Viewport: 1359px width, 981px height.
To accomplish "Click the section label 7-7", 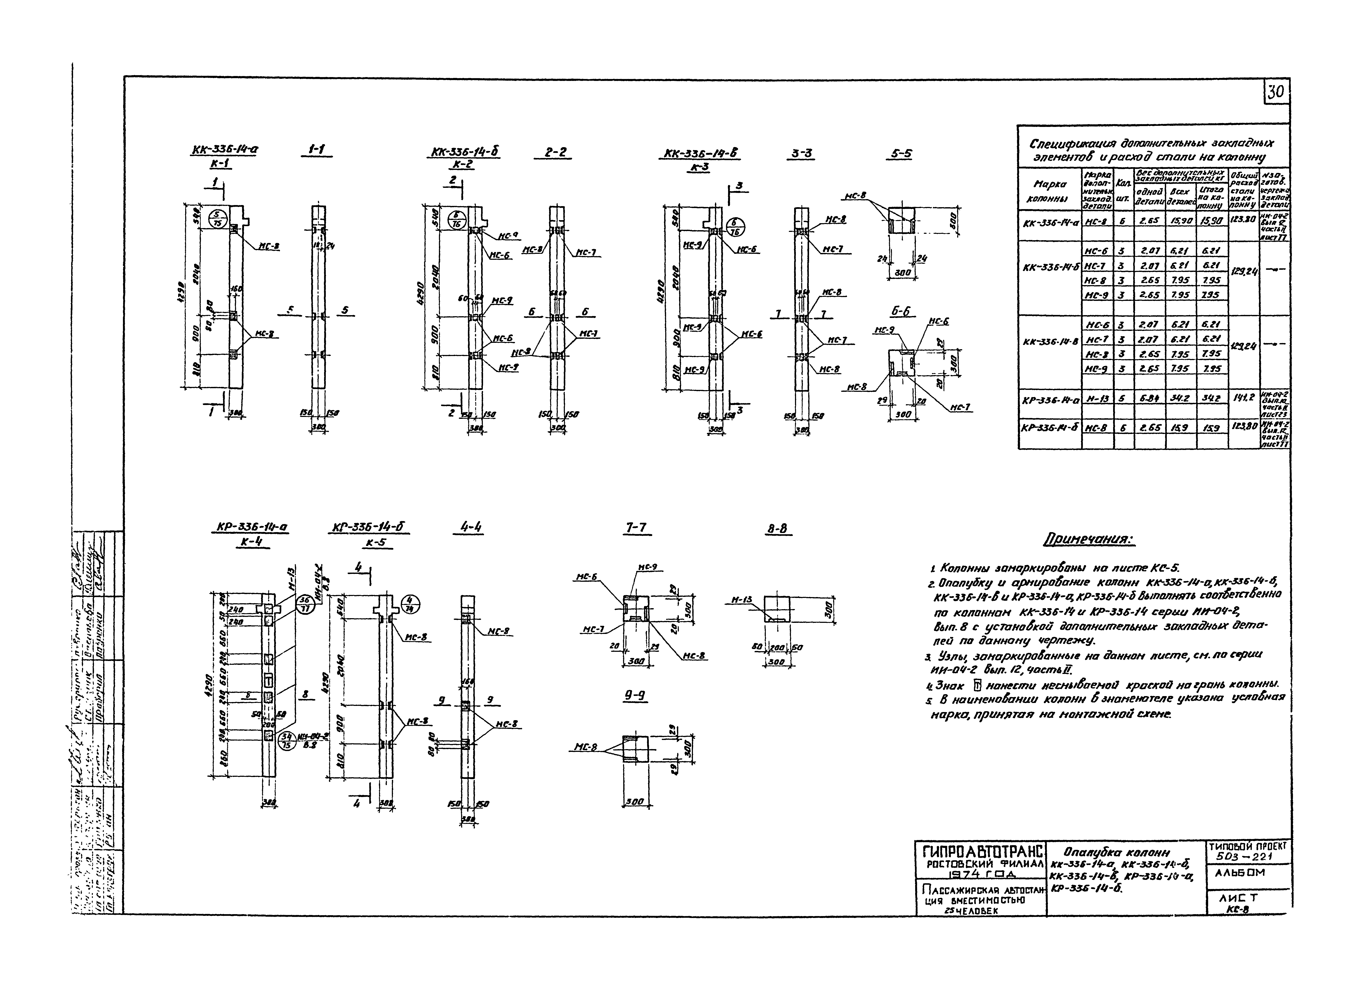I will (x=636, y=528).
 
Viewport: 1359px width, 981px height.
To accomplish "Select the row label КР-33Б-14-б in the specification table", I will (x=1050, y=428).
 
